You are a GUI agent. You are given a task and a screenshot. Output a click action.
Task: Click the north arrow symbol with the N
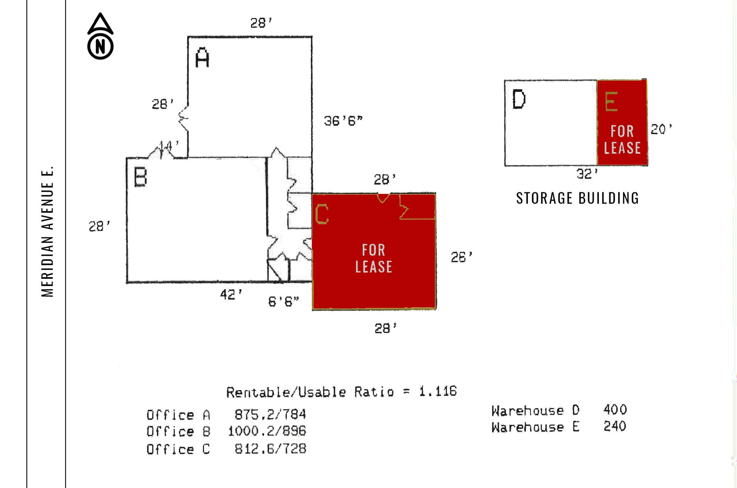tap(100, 37)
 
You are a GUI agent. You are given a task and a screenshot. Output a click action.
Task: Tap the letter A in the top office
tap(202, 58)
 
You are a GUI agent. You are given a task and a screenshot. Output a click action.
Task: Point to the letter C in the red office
tap(322, 214)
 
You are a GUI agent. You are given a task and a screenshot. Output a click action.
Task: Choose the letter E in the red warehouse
tap(611, 102)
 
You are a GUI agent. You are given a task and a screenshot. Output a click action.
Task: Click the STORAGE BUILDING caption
tap(577, 198)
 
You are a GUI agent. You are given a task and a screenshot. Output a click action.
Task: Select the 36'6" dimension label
tap(343, 121)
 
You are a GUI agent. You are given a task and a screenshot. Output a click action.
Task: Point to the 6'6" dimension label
tap(284, 301)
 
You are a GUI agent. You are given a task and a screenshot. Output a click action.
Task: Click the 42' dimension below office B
tap(231, 295)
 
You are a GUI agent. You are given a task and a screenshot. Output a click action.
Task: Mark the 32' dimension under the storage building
tap(587, 174)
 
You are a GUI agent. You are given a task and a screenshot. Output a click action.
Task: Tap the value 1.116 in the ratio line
tap(438, 391)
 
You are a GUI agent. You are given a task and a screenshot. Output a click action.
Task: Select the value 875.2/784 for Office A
tap(270, 415)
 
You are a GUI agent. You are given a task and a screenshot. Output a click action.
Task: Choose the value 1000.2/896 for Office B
tap(267, 431)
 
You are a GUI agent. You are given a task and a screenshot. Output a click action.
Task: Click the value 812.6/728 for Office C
tap(270, 449)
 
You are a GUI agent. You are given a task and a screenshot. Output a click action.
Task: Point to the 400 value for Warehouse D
tap(615, 409)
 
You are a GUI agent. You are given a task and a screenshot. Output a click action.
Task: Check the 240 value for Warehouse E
tap(615, 426)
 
